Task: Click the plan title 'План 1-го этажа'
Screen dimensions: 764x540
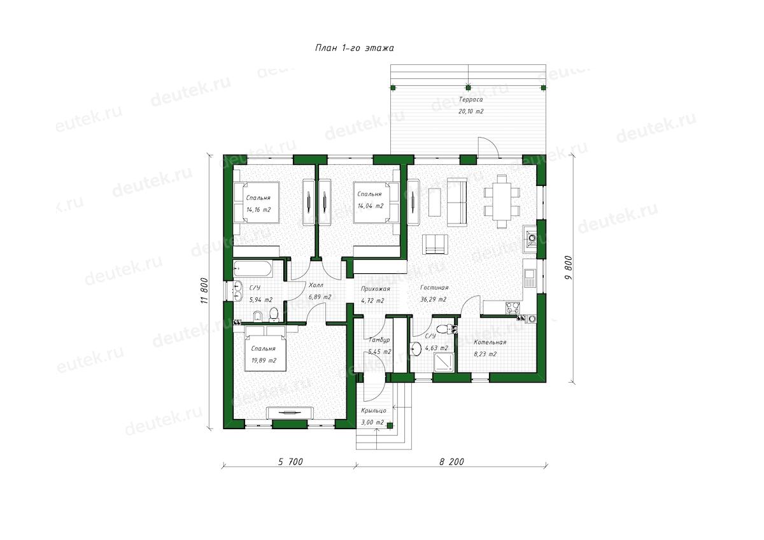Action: [355, 48]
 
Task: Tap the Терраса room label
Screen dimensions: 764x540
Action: [470, 99]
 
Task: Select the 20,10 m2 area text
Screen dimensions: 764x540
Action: [470, 111]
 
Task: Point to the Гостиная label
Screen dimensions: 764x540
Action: [434, 288]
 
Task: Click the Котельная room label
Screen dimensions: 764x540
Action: [490, 342]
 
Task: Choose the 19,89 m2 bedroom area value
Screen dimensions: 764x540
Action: [264, 360]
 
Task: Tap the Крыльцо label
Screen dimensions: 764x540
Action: [374, 411]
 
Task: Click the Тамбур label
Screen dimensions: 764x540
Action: [379, 340]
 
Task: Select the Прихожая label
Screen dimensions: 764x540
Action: [375, 289]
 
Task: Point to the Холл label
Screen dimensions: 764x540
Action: [316, 285]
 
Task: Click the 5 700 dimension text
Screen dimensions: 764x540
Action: [290, 462]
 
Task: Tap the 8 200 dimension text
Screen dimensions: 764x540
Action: [451, 462]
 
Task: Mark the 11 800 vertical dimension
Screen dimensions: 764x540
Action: [204, 291]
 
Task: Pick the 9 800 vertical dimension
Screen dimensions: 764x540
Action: [568, 268]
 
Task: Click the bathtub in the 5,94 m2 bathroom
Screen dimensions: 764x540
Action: [253, 269]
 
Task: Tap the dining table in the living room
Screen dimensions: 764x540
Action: [502, 202]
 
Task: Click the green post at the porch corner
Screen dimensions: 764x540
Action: [390, 425]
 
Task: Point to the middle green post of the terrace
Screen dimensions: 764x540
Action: [468, 87]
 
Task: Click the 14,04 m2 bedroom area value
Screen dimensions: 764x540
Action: [371, 206]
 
